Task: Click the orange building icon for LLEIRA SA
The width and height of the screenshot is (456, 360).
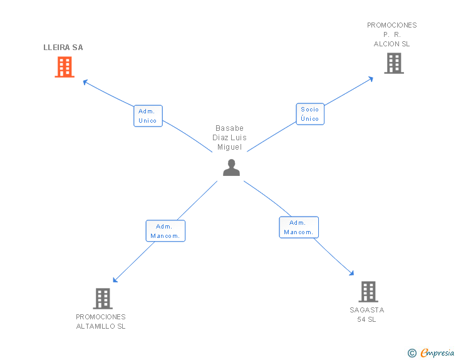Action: (x=65, y=67)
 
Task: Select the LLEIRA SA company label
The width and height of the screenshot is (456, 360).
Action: (x=63, y=48)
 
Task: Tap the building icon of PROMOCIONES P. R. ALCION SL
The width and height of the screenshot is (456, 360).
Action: (x=394, y=63)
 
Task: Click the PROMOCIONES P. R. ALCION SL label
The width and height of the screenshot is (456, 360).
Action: (x=391, y=34)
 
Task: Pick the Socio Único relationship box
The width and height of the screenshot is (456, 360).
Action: (x=310, y=114)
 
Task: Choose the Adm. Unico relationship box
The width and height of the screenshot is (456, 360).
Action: (x=148, y=116)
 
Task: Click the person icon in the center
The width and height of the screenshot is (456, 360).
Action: (x=232, y=168)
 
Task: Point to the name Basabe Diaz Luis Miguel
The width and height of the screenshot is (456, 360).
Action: (x=229, y=138)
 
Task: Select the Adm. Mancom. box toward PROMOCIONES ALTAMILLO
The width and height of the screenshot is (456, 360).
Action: (x=165, y=231)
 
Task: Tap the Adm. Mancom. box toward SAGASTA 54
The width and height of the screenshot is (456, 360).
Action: (x=299, y=227)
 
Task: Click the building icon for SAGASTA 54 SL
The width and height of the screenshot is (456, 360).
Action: (x=368, y=292)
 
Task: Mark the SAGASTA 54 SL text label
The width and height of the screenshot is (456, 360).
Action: (x=366, y=315)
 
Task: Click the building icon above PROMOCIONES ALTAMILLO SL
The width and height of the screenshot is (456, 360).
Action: (x=103, y=299)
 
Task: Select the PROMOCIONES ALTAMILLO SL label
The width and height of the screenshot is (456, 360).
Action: (x=101, y=322)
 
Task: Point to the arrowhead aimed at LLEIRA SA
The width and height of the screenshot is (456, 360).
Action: (x=85, y=82)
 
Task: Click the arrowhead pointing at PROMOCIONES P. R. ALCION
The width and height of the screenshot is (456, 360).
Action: (x=371, y=79)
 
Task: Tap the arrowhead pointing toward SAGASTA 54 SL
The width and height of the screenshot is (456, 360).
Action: (x=352, y=273)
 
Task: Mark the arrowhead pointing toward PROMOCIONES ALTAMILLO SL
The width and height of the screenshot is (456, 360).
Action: (x=115, y=280)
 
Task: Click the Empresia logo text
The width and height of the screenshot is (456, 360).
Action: (x=437, y=352)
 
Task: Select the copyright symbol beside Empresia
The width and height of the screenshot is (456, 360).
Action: (x=412, y=353)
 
